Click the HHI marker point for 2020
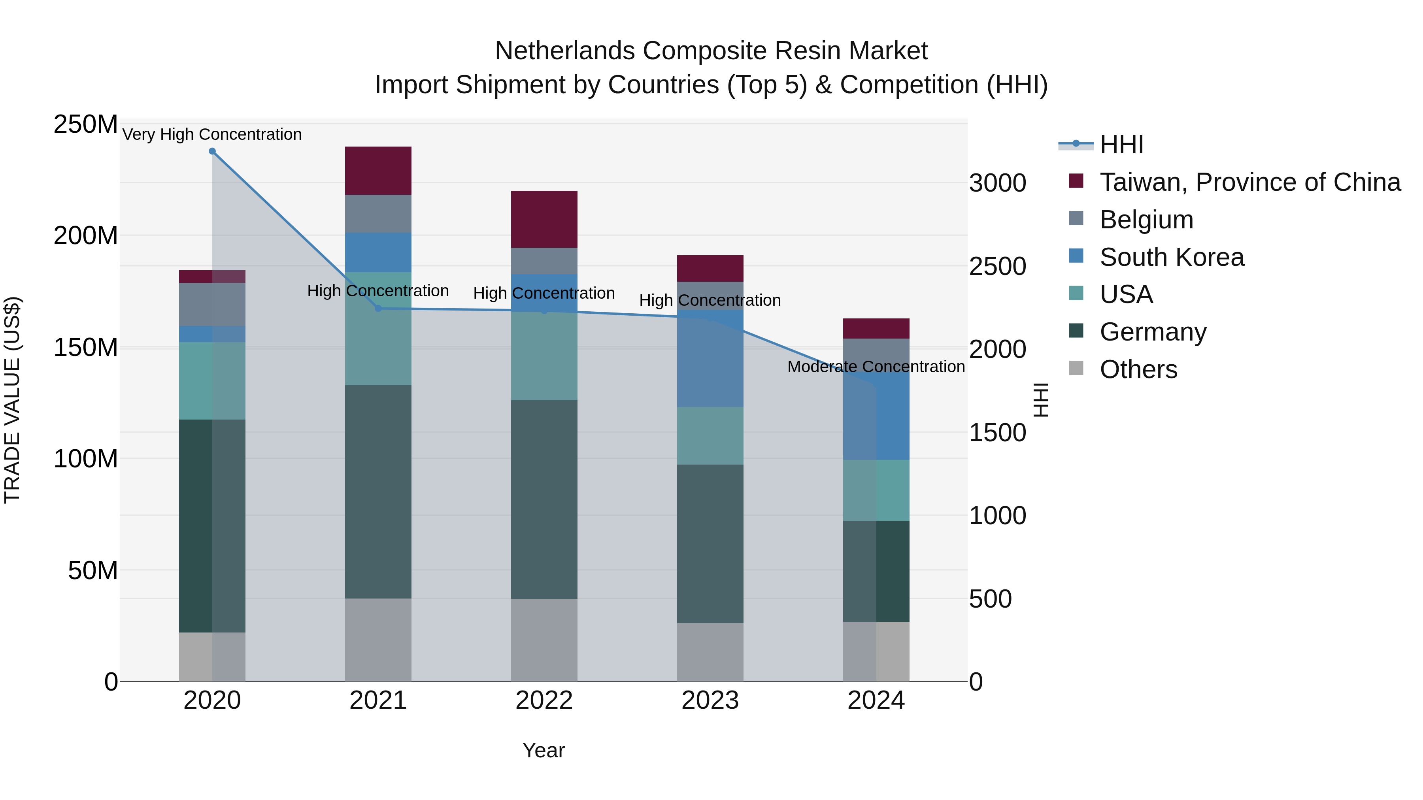coord(212,151)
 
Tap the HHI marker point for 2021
coord(378,309)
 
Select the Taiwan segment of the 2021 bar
coord(378,171)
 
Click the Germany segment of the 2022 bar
coord(544,500)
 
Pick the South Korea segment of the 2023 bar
coord(710,359)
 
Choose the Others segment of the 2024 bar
coord(876,651)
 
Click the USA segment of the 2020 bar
coord(212,381)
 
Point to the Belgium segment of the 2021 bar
coord(378,214)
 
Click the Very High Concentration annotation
coord(212,135)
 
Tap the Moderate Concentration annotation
coord(876,367)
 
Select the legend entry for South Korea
coord(1171,257)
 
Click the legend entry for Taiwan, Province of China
coord(1249,182)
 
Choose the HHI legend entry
coord(1121,145)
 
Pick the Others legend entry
coord(1138,369)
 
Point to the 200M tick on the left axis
coord(86,236)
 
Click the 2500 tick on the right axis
coord(998,266)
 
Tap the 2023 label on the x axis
coord(710,700)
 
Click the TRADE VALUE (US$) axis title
coord(12,400)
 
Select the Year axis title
coord(544,750)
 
